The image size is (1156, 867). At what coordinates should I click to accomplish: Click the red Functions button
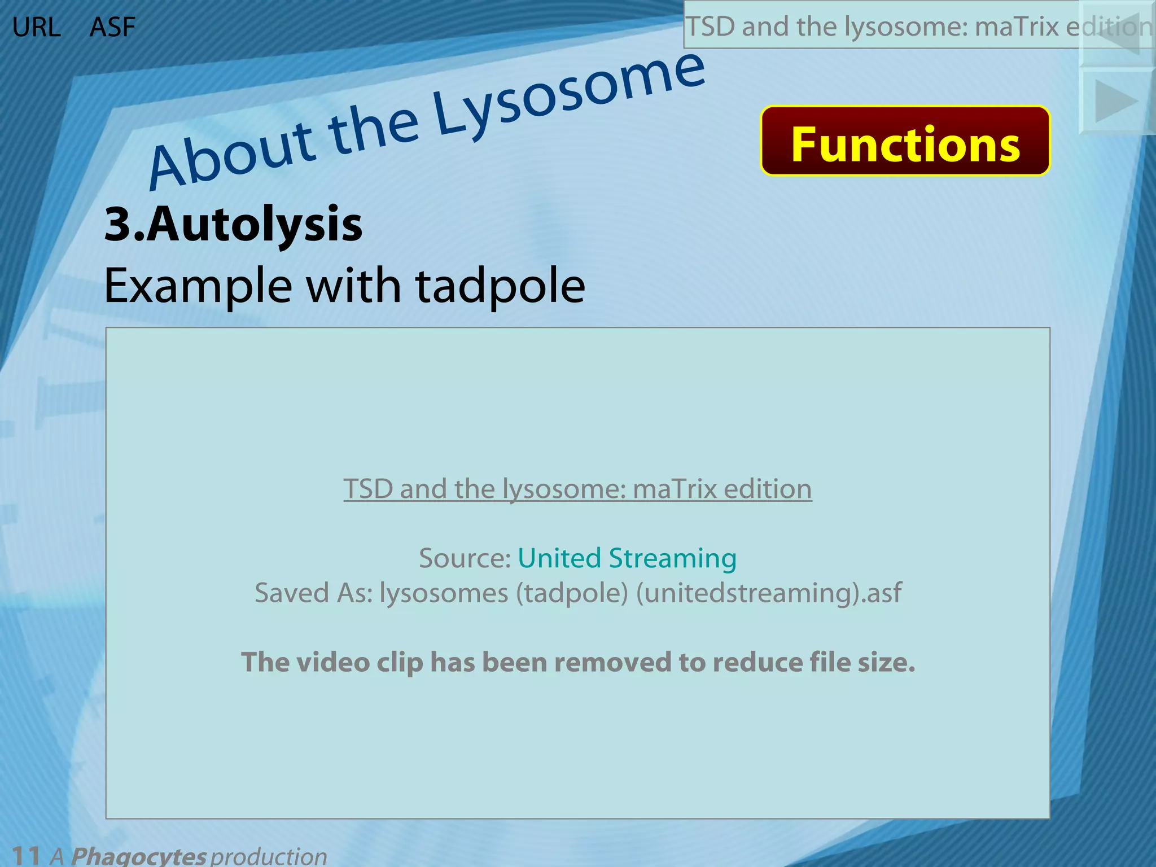(x=905, y=141)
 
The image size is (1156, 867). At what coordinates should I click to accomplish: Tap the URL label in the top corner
(x=36, y=27)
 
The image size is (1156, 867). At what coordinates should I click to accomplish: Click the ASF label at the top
(x=112, y=27)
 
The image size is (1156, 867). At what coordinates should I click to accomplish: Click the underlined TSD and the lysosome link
(x=577, y=489)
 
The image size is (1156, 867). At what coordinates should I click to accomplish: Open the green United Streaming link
(x=627, y=558)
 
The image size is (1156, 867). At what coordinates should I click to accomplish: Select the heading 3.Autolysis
(x=233, y=224)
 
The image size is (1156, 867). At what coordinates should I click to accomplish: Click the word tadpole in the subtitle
(x=500, y=286)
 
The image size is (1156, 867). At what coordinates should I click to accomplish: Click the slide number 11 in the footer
(x=25, y=855)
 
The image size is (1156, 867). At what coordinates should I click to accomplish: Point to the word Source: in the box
(x=465, y=558)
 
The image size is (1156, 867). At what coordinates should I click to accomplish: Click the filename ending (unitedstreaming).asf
(x=768, y=593)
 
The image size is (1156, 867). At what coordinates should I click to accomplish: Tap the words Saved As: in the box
(x=313, y=593)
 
